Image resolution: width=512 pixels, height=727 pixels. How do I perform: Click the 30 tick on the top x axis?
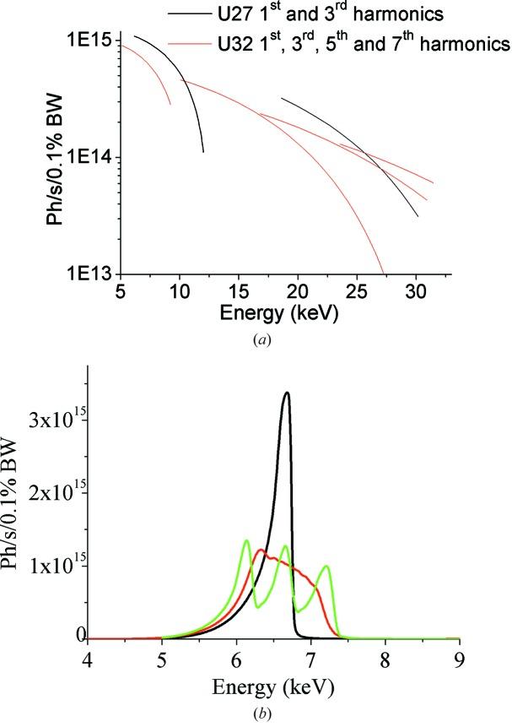416,291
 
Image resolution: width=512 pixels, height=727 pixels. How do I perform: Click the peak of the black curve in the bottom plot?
288,393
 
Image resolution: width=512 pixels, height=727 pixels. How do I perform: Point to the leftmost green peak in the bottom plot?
246,540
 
